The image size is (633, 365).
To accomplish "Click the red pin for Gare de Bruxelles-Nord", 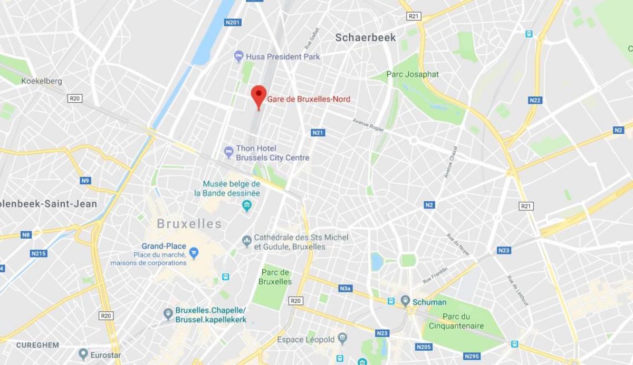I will [258, 95].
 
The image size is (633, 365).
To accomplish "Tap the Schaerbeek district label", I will [366, 37].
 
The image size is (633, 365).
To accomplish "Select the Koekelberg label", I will [42, 81].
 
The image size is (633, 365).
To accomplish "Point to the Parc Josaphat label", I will [413, 74].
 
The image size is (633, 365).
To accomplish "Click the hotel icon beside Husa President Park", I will [238, 56].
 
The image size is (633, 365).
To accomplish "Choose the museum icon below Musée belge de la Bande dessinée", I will [246, 205].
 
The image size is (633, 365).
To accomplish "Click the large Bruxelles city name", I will [189, 224].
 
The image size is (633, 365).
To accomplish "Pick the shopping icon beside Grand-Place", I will [194, 253].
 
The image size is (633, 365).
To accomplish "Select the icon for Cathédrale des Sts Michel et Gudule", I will [246, 241].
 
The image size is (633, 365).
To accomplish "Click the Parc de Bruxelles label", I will [275, 277].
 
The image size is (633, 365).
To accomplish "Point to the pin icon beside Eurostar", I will [83, 354].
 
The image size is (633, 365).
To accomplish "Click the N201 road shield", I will [233, 22].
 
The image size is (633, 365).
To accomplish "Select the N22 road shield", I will [535, 100].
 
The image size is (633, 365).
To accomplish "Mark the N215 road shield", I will [39, 253].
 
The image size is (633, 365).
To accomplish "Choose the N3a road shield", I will [345, 288].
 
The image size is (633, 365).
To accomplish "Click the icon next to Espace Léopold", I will [342, 338].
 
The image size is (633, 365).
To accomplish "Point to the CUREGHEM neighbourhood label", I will [37, 345].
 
